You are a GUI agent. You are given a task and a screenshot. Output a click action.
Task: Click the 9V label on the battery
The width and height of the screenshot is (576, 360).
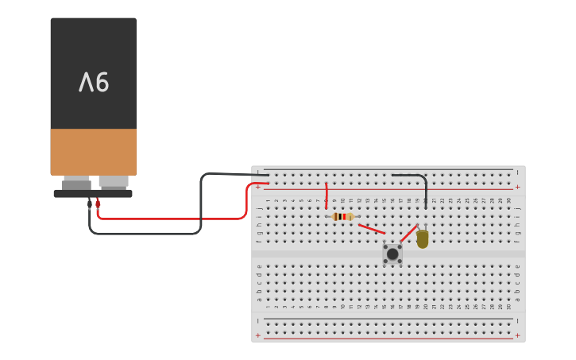click(94, 82)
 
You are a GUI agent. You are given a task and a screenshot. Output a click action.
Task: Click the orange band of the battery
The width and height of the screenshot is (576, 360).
click(93, 152)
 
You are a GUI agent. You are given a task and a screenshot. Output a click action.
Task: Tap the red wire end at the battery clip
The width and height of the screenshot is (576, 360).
click(98, 203)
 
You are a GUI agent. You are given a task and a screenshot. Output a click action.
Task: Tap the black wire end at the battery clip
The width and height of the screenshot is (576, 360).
click(90, 204)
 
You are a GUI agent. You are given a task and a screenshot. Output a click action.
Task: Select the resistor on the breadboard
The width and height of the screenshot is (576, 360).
click(342, 216)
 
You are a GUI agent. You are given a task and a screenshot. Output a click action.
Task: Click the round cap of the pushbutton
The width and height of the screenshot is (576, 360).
click(392, 254)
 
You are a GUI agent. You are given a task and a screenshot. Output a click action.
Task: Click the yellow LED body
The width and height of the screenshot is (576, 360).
click(423, 238)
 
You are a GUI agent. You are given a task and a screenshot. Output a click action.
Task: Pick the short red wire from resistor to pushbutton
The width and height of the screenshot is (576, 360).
click(371, 229)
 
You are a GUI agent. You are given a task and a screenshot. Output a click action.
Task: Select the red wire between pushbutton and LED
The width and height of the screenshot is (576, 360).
click(408, 234)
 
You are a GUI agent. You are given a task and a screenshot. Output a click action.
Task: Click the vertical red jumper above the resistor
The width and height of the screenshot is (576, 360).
click(326, 195)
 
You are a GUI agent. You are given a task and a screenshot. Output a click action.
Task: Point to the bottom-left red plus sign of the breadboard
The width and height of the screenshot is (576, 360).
click(257, 335)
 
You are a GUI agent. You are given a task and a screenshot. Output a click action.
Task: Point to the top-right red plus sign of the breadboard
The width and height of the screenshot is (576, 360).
click(518, 187)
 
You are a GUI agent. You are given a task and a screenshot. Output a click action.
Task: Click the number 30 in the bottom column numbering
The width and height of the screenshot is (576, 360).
click(509, 307)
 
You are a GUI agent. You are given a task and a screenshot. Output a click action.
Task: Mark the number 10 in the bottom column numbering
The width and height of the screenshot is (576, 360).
click(342, 307)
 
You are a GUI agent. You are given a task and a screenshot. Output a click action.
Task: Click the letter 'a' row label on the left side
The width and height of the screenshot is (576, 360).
click(259, 300)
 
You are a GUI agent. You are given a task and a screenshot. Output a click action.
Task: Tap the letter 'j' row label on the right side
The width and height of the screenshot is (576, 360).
click(517, 207)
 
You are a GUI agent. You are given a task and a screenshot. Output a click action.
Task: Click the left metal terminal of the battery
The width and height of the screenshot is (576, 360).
click(77, 183)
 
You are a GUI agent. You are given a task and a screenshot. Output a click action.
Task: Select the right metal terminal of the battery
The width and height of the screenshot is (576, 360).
click(114, 182)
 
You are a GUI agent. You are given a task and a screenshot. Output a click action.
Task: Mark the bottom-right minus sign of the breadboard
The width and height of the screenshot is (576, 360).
click(518, 319)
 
